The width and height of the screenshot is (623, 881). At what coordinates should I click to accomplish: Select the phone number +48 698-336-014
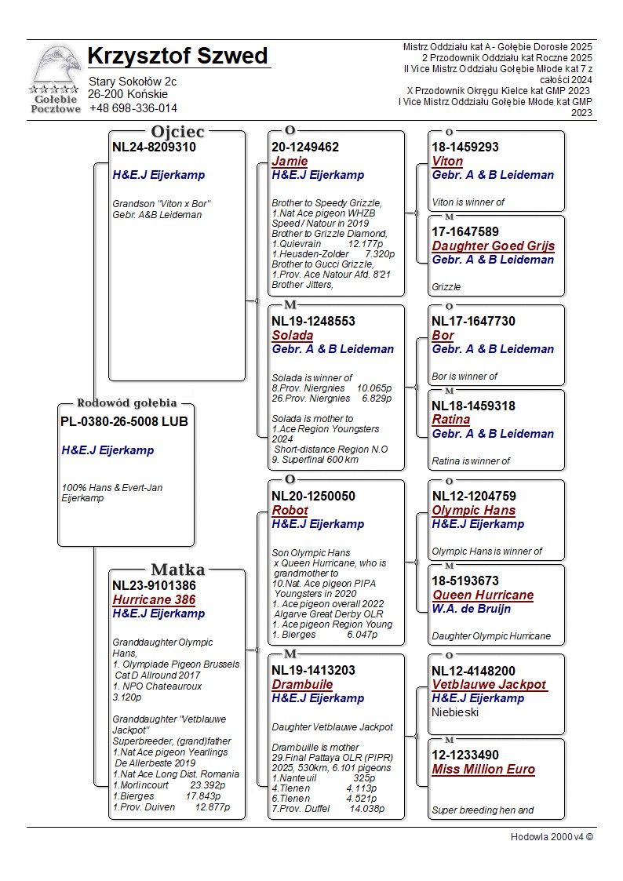coord(133,108)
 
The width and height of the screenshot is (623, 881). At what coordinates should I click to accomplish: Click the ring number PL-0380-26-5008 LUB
coord(124,421)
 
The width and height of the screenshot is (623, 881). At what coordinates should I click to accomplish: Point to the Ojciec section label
coord(177,132)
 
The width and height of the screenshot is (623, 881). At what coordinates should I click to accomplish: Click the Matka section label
coord(177,570)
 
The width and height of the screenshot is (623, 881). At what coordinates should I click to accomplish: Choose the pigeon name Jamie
coord(290,162)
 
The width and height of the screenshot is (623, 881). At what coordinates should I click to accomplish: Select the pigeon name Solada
coord(292,336)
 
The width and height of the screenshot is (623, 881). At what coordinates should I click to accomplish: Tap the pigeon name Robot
coord(290,511)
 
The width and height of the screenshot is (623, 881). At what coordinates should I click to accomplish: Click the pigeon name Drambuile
coord(302,685)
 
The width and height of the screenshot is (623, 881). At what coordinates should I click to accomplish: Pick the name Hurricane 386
coord(154,600)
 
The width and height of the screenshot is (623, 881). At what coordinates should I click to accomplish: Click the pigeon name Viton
coord(447,162)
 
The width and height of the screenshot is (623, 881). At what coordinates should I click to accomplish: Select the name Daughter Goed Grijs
coord(493,246)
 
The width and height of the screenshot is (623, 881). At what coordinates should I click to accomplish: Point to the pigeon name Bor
coord(443,336)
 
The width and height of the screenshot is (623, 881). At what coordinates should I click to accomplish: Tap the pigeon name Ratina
coord(451,420)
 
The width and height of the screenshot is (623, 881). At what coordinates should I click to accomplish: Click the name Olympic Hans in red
coord(473,511)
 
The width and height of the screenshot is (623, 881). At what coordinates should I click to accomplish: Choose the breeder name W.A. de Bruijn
coord(471,609)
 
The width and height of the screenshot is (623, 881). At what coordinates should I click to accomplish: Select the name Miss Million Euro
coord(483,770)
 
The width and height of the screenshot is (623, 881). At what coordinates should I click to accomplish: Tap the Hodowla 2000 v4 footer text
coord(552,837)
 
